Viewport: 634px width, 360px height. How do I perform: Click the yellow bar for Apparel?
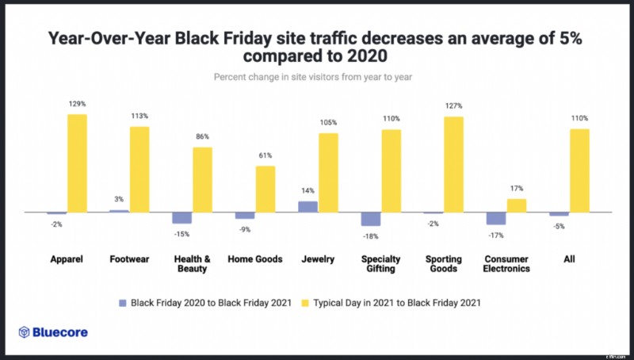click(77, 163)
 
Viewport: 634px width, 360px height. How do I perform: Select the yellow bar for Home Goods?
click(265, 189)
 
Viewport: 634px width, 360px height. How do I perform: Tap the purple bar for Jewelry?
click(307, 206)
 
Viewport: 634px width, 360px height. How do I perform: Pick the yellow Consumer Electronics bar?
click(517, 205)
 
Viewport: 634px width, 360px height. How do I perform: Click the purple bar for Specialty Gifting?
click(370, 220)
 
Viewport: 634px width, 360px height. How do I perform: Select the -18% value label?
click(370, 236)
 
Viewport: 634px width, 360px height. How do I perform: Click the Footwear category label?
click(129, 259)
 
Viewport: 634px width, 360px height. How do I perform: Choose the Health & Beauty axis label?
click(192, 264)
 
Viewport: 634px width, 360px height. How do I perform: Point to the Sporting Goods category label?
click(444, 264)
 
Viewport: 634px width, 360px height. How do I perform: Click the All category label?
click(569, 259)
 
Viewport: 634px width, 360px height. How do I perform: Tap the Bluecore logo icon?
click(25, 332)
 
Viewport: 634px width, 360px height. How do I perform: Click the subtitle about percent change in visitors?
click(316, 77)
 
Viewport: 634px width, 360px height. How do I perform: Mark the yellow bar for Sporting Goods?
click(453, 164)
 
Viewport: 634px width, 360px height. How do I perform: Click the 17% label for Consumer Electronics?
click(517, 189)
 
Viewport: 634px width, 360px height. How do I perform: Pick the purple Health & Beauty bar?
click(181, 218)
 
